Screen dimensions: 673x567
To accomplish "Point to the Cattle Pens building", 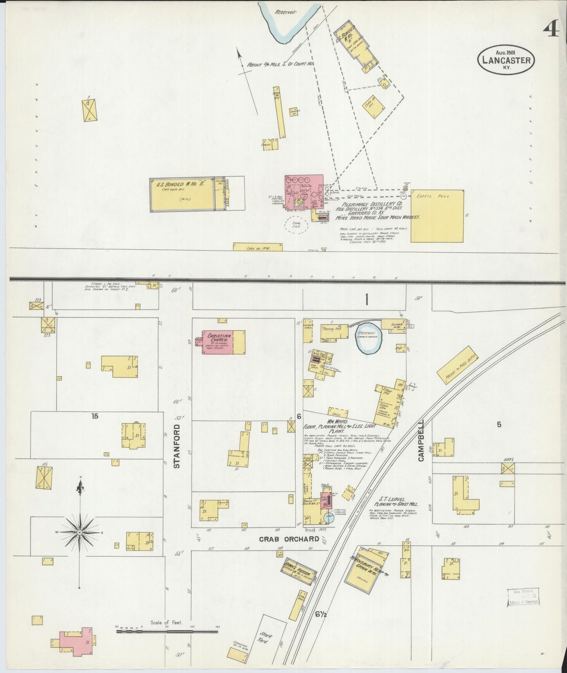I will pos(437,216).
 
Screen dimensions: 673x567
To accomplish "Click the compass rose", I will pos(80,532).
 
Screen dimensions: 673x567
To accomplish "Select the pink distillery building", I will pos(304,192).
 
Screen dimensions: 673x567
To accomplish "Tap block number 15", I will pos(95,416).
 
